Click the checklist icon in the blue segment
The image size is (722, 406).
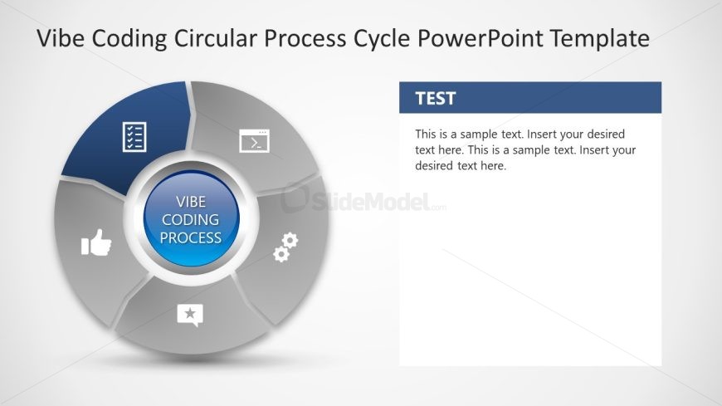click(x=134, y=137)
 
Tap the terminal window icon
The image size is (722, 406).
click(x=254, y=141)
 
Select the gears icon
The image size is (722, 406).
click(x=285, y=247)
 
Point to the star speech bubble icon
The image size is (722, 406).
click(x=190, y=316)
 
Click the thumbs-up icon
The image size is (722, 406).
click(x=96, y=242)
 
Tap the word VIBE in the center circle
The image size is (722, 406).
click(x=191, y=202)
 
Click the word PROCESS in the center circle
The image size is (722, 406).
click(x=191, y=237)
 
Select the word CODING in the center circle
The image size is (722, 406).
click(x=191, y=220)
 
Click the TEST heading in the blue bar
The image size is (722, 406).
click(x=435, y=98)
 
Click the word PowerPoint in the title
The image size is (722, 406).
click(x=481, y=38)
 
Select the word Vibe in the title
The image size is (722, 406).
click(x=61, y=38)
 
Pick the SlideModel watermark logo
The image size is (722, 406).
click(x=363, y=199)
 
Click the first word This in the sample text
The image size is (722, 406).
click(x=425, y=135)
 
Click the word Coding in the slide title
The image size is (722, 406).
click(x=129, y=39)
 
